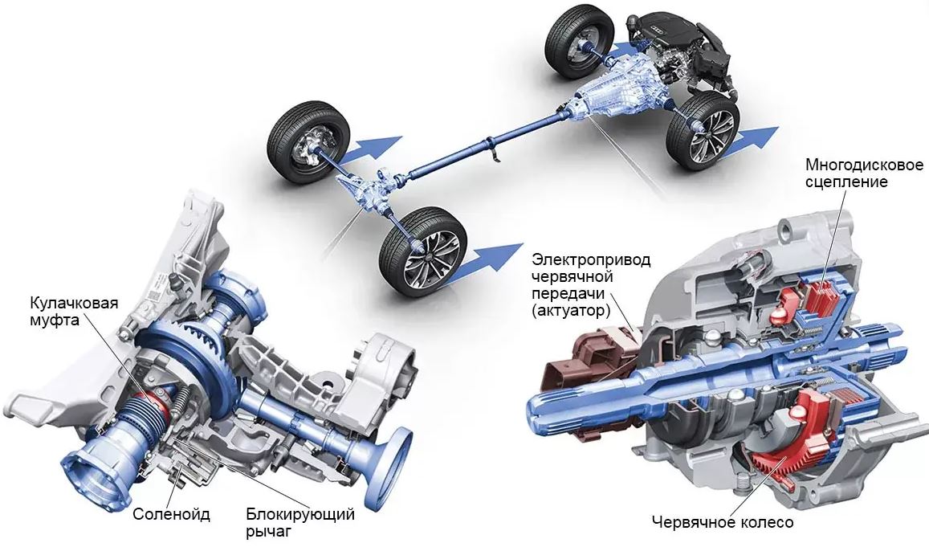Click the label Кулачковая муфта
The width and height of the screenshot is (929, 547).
point(74,313)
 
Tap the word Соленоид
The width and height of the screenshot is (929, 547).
point(171,514)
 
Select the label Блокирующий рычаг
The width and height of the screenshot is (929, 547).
point(300,522)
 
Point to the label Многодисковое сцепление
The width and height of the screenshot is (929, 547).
point(864,172)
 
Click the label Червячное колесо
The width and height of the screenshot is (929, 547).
point(722,522)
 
